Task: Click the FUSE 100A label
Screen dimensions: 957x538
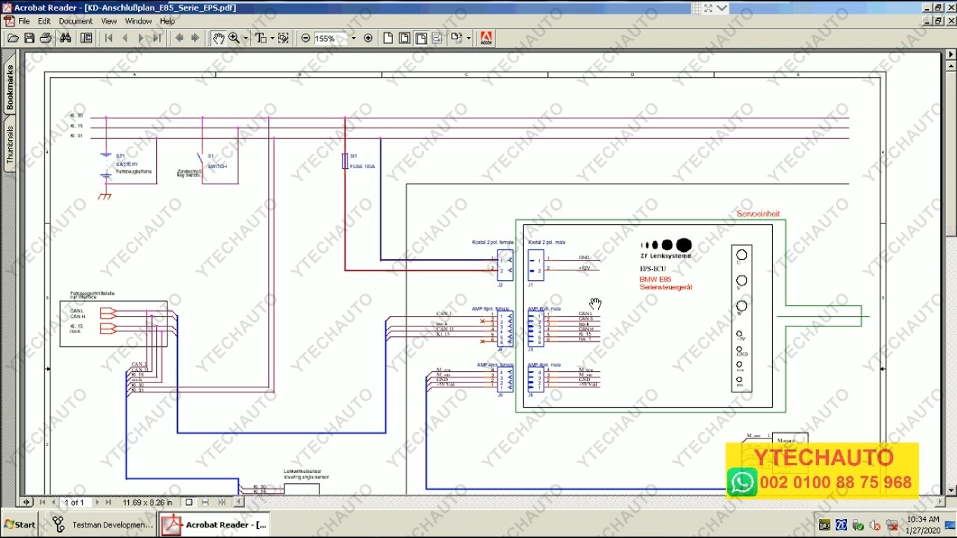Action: click(363, 167)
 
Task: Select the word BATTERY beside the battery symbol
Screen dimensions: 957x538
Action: click(127, 165)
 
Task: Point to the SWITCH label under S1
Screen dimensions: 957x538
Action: click(217, 167)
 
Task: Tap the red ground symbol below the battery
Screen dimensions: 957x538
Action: click(105, 196)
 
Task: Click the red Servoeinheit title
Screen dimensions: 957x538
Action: click(758, 214)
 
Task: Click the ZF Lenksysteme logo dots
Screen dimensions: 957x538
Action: click(666, 245)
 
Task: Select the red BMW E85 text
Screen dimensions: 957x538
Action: click(655, 280)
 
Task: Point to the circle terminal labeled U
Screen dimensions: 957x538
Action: click(741, 254)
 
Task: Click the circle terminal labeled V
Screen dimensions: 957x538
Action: click(741, 280)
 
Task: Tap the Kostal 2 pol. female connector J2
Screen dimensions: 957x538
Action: click(505, 265)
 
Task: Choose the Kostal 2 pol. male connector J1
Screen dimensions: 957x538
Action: click(536, 265)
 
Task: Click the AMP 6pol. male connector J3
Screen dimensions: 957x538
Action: click(536, 328)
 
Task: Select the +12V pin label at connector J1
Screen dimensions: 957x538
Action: click(584, 268)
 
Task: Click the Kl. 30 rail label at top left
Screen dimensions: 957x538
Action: click(76, 116)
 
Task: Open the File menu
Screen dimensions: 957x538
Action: click(24, 21)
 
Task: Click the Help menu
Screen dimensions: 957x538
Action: click(167, 21)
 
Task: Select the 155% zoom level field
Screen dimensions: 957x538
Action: click(329, 39)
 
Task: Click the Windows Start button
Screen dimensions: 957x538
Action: click(20, 524)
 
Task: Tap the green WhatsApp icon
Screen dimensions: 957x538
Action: click(741, 482)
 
